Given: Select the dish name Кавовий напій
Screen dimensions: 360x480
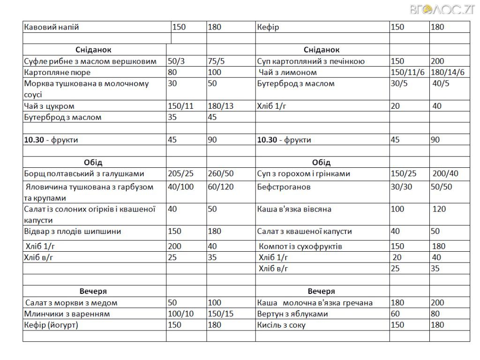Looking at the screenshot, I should [x=52, y=27].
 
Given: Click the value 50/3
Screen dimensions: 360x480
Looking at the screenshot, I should [x=176, y=61].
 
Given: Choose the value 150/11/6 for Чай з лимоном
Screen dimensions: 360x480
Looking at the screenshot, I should [x=408, y=72].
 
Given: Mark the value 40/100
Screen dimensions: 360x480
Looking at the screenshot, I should [x=180, y=187].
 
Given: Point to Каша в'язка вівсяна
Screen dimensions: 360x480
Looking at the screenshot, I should [x=294, y=209].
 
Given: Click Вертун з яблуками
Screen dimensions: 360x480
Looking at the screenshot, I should [x=292, y=314].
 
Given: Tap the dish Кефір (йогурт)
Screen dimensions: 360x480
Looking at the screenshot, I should [x=51, y=325].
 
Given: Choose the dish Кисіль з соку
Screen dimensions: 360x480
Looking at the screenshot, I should [x=281, y=325].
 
